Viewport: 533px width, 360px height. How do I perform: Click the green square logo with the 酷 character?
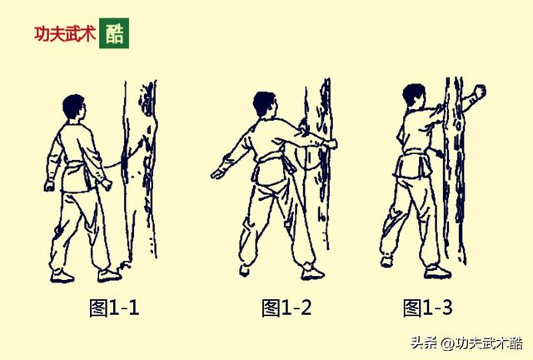[x=114, y=33]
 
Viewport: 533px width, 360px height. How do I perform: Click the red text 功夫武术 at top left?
[x=65, y=34]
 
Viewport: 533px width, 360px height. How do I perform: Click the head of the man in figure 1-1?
[x=74, y=107]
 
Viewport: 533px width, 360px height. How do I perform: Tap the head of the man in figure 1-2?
[x=264, y=103]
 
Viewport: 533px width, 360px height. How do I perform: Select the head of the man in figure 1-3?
[x=414, y=95]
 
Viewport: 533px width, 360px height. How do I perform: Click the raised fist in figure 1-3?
[x=478, y=91]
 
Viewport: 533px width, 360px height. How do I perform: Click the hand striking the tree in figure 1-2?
[x=331, y=144]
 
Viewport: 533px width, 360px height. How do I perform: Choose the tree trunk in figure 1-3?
[x=454, y=167]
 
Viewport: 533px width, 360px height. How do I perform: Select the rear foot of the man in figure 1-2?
[x=244, y=269]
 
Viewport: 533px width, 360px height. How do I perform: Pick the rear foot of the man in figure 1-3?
[x=387, y=261]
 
